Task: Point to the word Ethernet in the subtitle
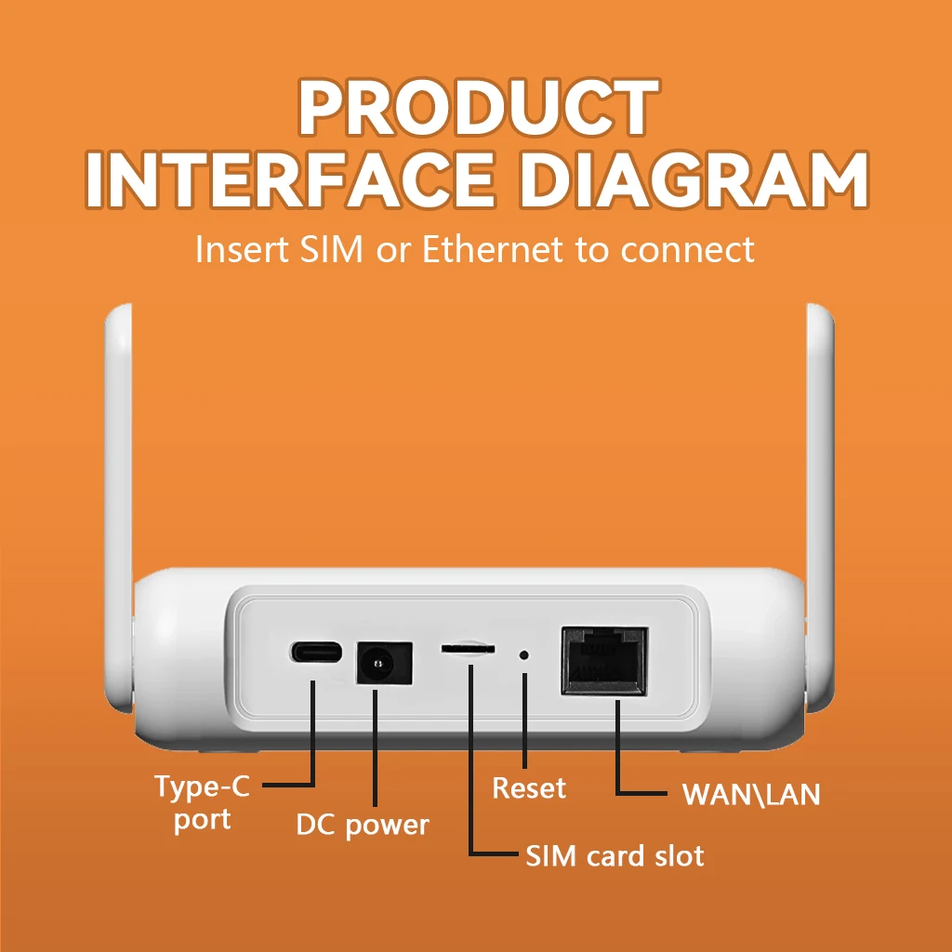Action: pyautogui.click(x=493, y=249)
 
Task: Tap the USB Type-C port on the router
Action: pyautogui.click(x=315, y=652)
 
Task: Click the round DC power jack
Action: pyautogui.click(x=378, y=663)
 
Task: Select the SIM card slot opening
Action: pyautogui.click(x=468, y=648)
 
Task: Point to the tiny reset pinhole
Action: pyautogui.click(x=524, y=654)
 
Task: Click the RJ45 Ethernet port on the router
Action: pyautogui.click(x=604, y=660)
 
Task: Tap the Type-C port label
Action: pyautogui.click(x=202, y=801)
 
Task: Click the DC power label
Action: pyautogui.click(x=363, y=825)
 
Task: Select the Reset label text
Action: pyautogui.click(x=528, y=788)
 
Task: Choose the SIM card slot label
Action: pyautogui.click(x=615, y=855)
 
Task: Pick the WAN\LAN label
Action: pyautogui.click(x=751, y=795)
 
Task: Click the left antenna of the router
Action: pyautogui.click(x=118, y=465)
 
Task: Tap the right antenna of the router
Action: pyautogui.click(x=820, y=465)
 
